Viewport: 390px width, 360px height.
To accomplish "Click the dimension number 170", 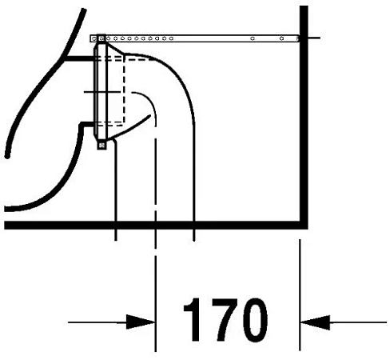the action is (x=225, y=320).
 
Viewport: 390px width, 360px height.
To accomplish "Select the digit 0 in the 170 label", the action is (x=254, y=320).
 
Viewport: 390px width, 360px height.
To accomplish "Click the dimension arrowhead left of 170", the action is (x=141, y=322).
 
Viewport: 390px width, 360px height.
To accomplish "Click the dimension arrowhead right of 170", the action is (x=315, y=322).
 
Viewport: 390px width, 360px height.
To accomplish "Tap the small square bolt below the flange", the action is (x=101, y=146).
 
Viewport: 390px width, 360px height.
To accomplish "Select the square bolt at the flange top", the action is (x=101, y=38).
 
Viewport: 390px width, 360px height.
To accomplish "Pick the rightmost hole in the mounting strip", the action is (x=298, y=39).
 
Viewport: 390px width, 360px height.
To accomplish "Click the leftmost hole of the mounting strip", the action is (x=94, y=39).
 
